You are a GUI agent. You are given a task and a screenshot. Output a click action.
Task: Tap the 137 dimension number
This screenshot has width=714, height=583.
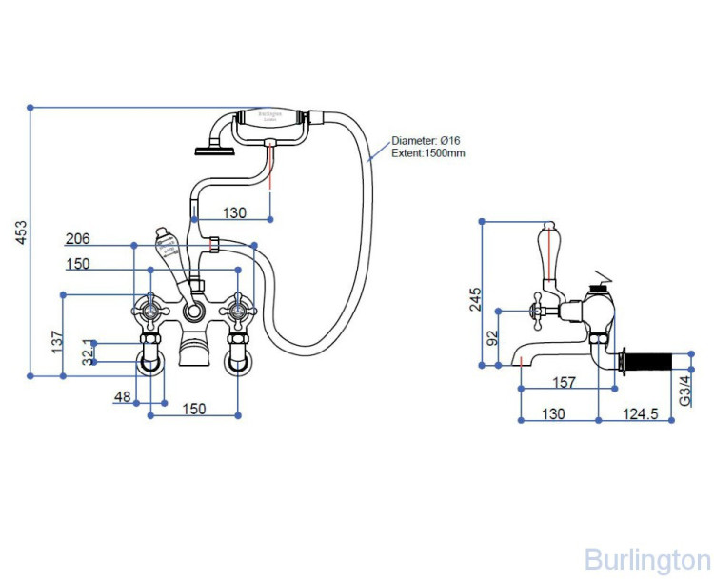(55, 340)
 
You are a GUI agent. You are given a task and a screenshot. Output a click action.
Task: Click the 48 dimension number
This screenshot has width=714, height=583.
(122, 395)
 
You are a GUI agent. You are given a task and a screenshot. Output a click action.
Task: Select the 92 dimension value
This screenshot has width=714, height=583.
(490, 339)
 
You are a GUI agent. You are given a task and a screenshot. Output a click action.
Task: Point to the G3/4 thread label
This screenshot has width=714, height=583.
(684, 391)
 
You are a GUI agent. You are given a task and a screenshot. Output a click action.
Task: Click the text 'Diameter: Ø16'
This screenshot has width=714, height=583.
(426, 141)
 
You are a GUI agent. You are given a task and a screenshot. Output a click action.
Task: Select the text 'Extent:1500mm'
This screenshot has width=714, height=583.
(428, 153)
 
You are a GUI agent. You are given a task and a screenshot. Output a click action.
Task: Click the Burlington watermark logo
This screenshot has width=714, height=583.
(647, 558)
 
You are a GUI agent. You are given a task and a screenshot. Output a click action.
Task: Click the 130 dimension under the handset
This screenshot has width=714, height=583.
(234, 211)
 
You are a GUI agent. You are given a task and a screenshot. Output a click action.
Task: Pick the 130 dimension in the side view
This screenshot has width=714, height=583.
(553, 413)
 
